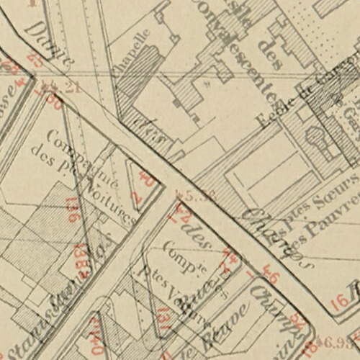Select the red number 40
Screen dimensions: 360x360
[149, 179]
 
